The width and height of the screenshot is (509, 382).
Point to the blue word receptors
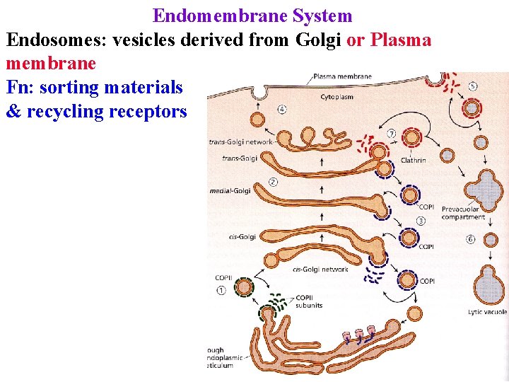(157, 112)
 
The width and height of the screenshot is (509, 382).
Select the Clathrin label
(413, 161)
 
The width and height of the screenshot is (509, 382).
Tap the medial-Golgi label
(230, 191)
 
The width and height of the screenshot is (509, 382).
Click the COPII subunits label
(308, 301)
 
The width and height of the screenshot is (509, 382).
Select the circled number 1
(222, 290)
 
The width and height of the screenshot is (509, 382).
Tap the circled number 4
(282, 110)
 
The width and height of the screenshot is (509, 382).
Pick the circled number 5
(472, 86)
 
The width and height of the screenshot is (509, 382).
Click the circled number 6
(470, 239)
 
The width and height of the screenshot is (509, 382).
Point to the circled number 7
(391, 134)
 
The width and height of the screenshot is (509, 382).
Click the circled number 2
(273, 182)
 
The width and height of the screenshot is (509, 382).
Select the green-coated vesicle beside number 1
(245, 287)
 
